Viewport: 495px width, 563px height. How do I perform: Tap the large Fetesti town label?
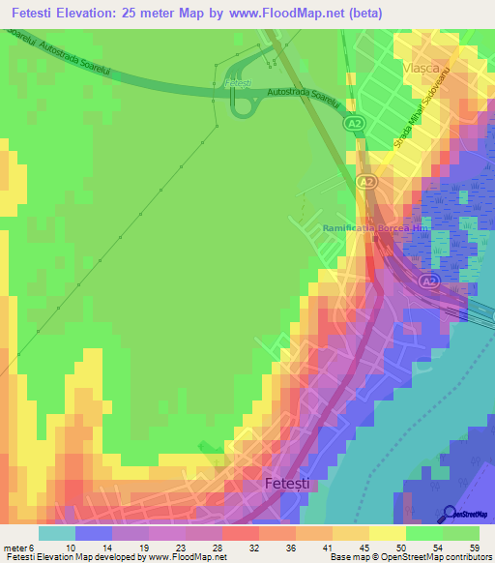(289, 481)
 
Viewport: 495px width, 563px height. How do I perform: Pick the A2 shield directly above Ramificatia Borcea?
(364, 182)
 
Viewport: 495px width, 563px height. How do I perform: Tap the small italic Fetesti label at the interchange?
(237, 84)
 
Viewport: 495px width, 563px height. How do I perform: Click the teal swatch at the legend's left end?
(57, 533)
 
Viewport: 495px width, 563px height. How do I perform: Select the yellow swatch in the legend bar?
(387, 533)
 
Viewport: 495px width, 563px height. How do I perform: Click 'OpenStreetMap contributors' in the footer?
(436, 557)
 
